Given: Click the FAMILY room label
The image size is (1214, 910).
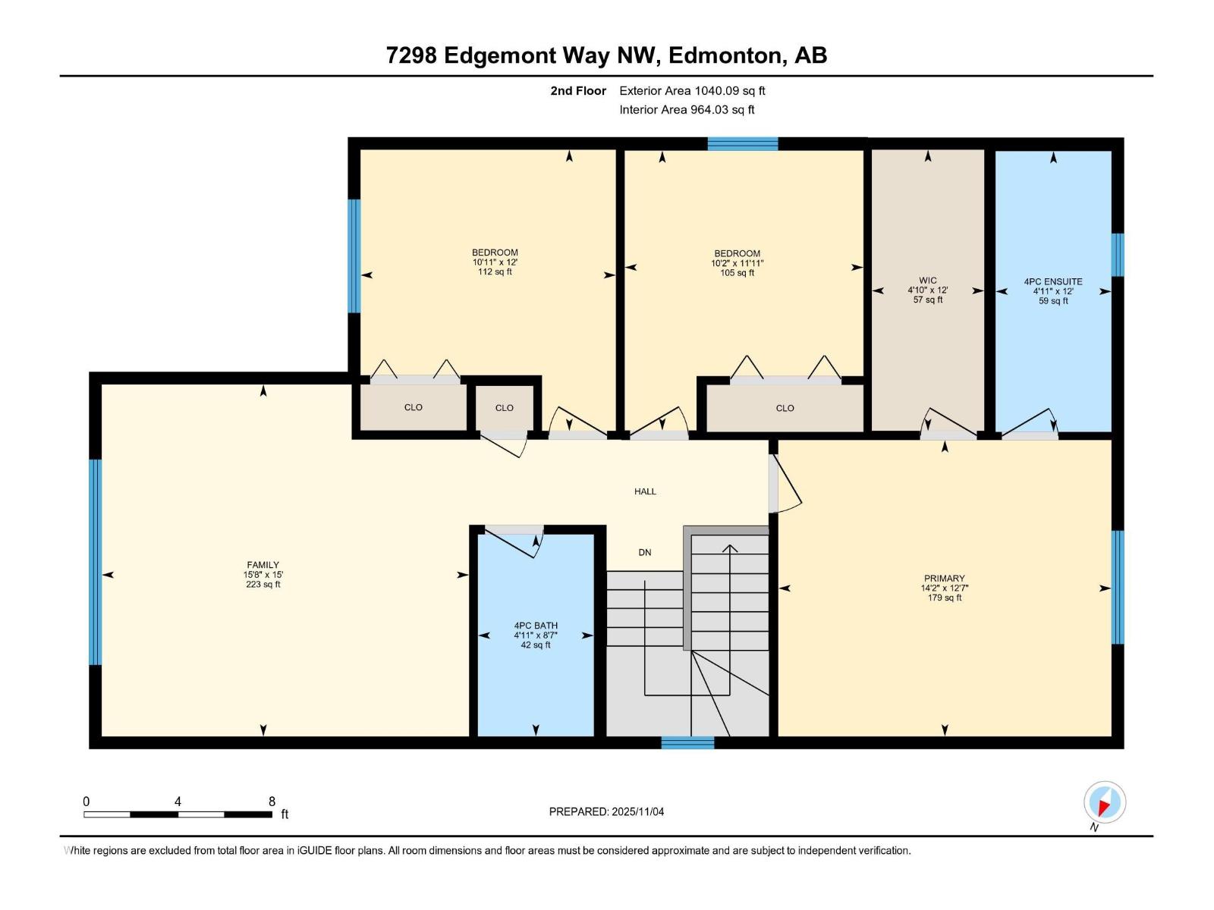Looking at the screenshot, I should point(263,565).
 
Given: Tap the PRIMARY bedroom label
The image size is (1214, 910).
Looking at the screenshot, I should point(944,578).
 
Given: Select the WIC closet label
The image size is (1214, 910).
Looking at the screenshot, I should point(927,281).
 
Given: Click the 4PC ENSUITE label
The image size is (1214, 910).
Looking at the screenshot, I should point(1052,281).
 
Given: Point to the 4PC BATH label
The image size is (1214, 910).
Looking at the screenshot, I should point(535,626).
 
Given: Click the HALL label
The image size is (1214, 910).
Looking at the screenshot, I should point(645,491).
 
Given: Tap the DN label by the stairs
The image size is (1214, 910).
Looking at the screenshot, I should point(644,552).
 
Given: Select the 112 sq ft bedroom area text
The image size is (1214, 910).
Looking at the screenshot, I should point(495,272).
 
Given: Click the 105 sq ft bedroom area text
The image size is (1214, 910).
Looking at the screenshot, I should point(737,273).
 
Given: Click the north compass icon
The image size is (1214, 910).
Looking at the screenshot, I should point(1104,802).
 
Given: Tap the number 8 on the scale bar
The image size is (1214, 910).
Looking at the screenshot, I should point(272,802).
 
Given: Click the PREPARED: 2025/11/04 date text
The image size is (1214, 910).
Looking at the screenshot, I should point(606,811).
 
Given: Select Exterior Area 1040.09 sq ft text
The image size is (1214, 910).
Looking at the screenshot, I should point(692,91).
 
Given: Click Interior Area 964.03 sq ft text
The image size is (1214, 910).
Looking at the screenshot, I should point(687,110).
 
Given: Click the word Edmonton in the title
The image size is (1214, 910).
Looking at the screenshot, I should point(726,55).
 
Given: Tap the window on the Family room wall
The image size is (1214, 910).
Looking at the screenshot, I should point(95,561).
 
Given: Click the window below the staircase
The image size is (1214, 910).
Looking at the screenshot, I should point(687,742).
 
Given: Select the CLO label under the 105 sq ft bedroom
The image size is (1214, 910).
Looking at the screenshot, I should point(785,408).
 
